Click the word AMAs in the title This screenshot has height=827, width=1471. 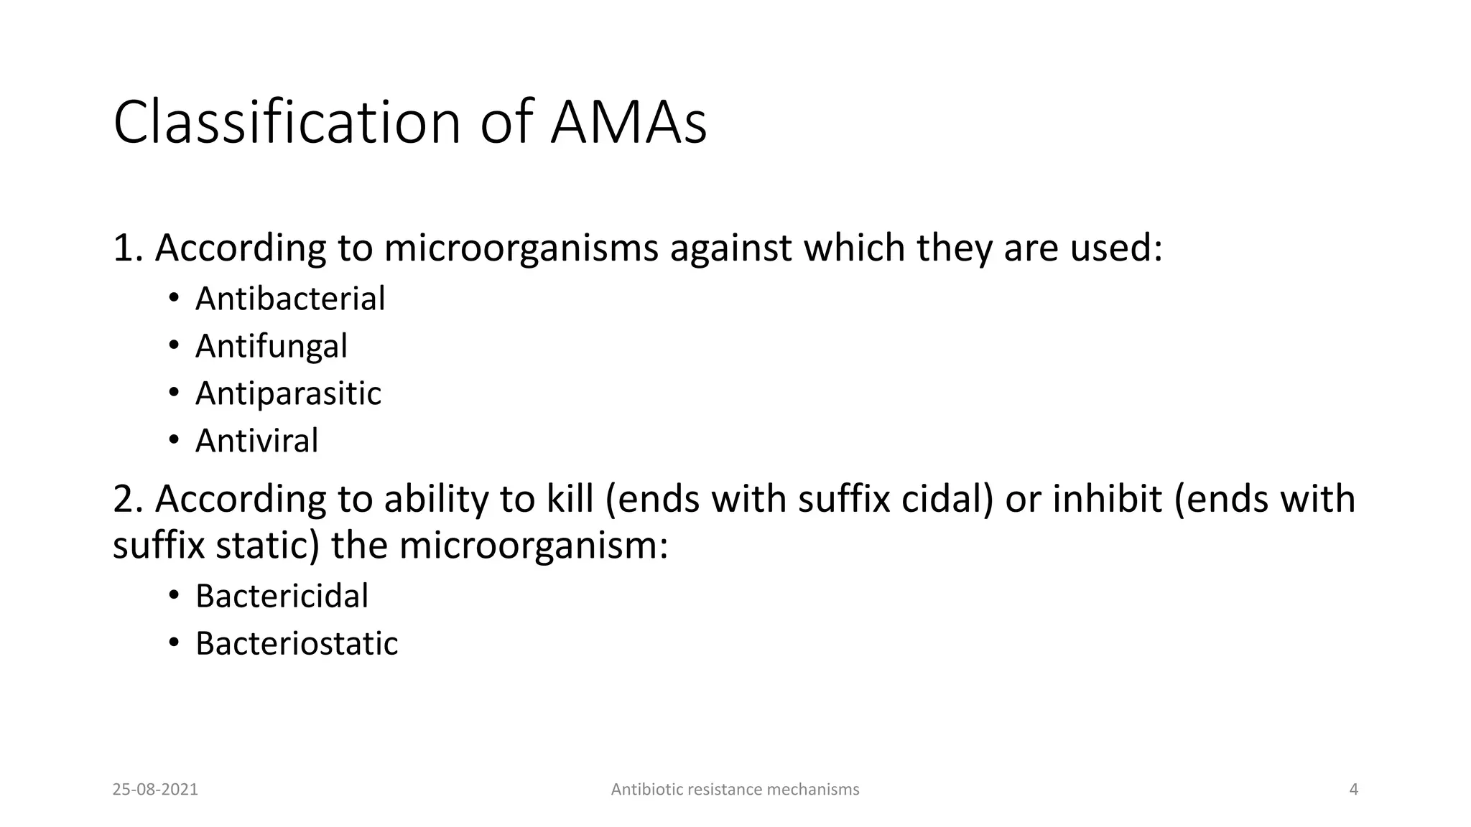point(628,123)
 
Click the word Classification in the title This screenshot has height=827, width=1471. point(287,123)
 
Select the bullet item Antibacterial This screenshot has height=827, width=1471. point(290,299)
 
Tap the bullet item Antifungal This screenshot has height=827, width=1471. point(272,346)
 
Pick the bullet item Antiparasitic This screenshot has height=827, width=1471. point(288,393)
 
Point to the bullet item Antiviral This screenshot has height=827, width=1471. point(256,441)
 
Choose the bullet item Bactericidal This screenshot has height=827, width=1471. point(282,596)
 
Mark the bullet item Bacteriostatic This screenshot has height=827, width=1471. point(296,643)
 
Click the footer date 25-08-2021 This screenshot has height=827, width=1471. point(155,790)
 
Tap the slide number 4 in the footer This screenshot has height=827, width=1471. point(1354,790)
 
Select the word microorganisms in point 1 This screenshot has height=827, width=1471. point(521,248)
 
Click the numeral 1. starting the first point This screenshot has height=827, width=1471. point(129,248)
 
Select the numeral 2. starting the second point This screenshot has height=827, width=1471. point(129,499)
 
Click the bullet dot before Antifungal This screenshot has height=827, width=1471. point(173,345)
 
